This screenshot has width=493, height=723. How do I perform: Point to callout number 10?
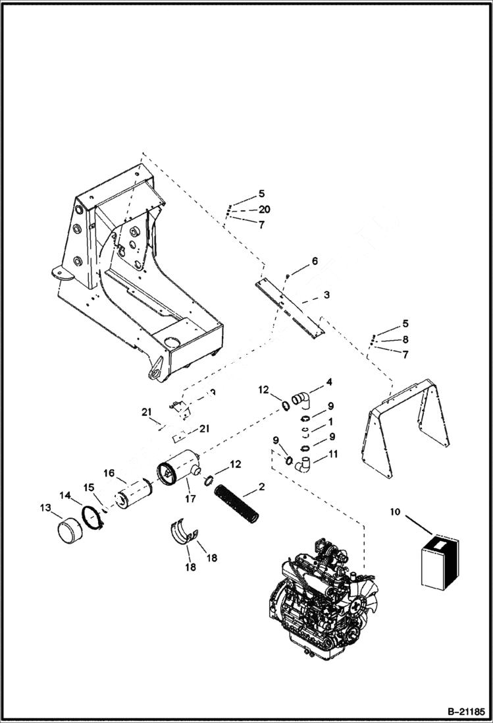(394, 510)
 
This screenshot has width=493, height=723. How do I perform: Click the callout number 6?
(315, 261)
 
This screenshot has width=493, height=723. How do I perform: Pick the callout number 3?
(326, 295)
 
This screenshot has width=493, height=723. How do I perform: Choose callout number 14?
(66, 495)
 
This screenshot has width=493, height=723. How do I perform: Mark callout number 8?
(405, 339)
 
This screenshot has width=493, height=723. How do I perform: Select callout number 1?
(330, 420)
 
